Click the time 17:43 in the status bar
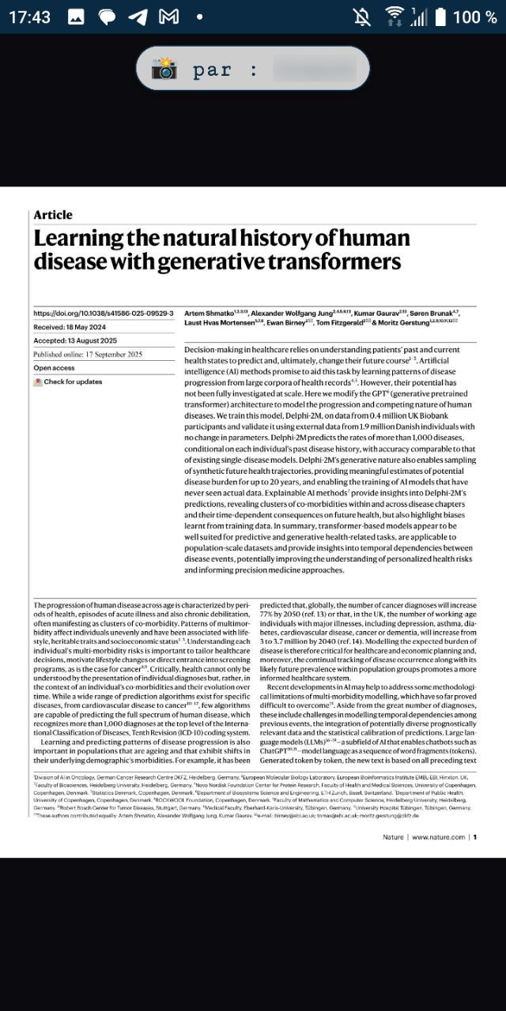pyautogui.click(x=30, y=17)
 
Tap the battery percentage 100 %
pyautogui.click(x=474, y=17)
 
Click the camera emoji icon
pyautogui.click(x=164, y=69)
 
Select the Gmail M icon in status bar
pyautogui.click(x=168, y=17)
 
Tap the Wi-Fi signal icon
pyautogui.click(x=394, y=17)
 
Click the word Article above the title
pyautogui.click(x=53, y=215)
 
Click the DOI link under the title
pyautogui.click(x=104, y=314)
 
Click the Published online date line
pyautogui.click(x=88, y=355)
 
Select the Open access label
pyautogui.click(x=54, y=368)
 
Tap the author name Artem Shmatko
pyautogui.click(x=209, y=314)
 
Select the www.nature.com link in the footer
pyautogui.click(x=438, y=837)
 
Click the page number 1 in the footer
pyautogui.click(x=474, y=837)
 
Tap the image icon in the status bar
pyautogui.click(x=76, y=17)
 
